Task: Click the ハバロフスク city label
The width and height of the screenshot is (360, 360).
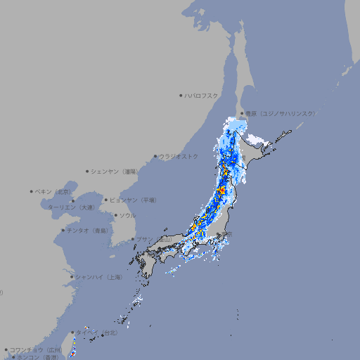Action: click(202, 95)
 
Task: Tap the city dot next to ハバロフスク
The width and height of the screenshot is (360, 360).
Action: click(181, 95)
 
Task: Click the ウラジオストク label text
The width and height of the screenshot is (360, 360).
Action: click(179, 156)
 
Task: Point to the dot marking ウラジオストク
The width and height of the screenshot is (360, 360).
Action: click(155, 156)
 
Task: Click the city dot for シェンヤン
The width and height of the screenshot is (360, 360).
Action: click(87, 171)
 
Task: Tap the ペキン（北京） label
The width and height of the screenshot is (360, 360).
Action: click(54, 191)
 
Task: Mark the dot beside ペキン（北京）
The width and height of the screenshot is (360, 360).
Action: click(32, 191)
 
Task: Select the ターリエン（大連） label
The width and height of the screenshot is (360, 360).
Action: click(71, 207)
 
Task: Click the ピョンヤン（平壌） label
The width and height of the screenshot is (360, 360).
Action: click(133, 200)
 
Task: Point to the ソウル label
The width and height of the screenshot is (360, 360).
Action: click(127, 215)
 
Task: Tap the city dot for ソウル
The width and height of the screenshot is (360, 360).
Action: click(115, 215)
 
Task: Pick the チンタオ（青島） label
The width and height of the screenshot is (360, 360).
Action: click(87, 230)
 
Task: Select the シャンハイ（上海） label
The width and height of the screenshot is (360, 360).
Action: click(98, 277)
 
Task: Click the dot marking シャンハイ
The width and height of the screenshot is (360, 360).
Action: click(72, 277)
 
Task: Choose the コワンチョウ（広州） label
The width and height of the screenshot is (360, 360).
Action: click(36, 349)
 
